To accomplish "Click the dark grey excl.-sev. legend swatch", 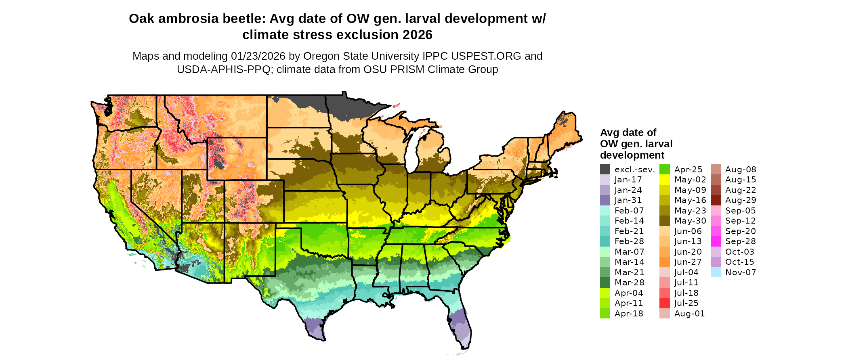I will pyautogui.click(x=605, y=170).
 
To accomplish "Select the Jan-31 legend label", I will pyautogui.click(x=628, y=200).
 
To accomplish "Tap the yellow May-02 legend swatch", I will pyautogui.click(x=664, y=180).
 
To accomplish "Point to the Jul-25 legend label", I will pyautogui.click(x=686, y=303).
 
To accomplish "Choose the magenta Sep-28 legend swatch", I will pyautogui.click(x=716, y=241).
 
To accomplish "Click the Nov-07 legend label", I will pyautogui.click(x=740, y=272).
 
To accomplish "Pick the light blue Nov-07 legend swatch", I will pyautogui.click(x=716, y=272).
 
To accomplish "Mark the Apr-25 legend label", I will pyautogui.click(x=688, y=170).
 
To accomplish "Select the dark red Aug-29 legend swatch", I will pyautogui.click(x=716, y=200).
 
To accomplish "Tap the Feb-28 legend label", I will pyautogui.click(x=629, y=241).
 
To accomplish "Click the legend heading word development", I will pyautogui.click(x=632, y=155).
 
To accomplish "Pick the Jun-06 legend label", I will pyautogui.click(x=688, y=231).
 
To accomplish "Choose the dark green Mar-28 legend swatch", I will pyautogui.click(x=605, y=283).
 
